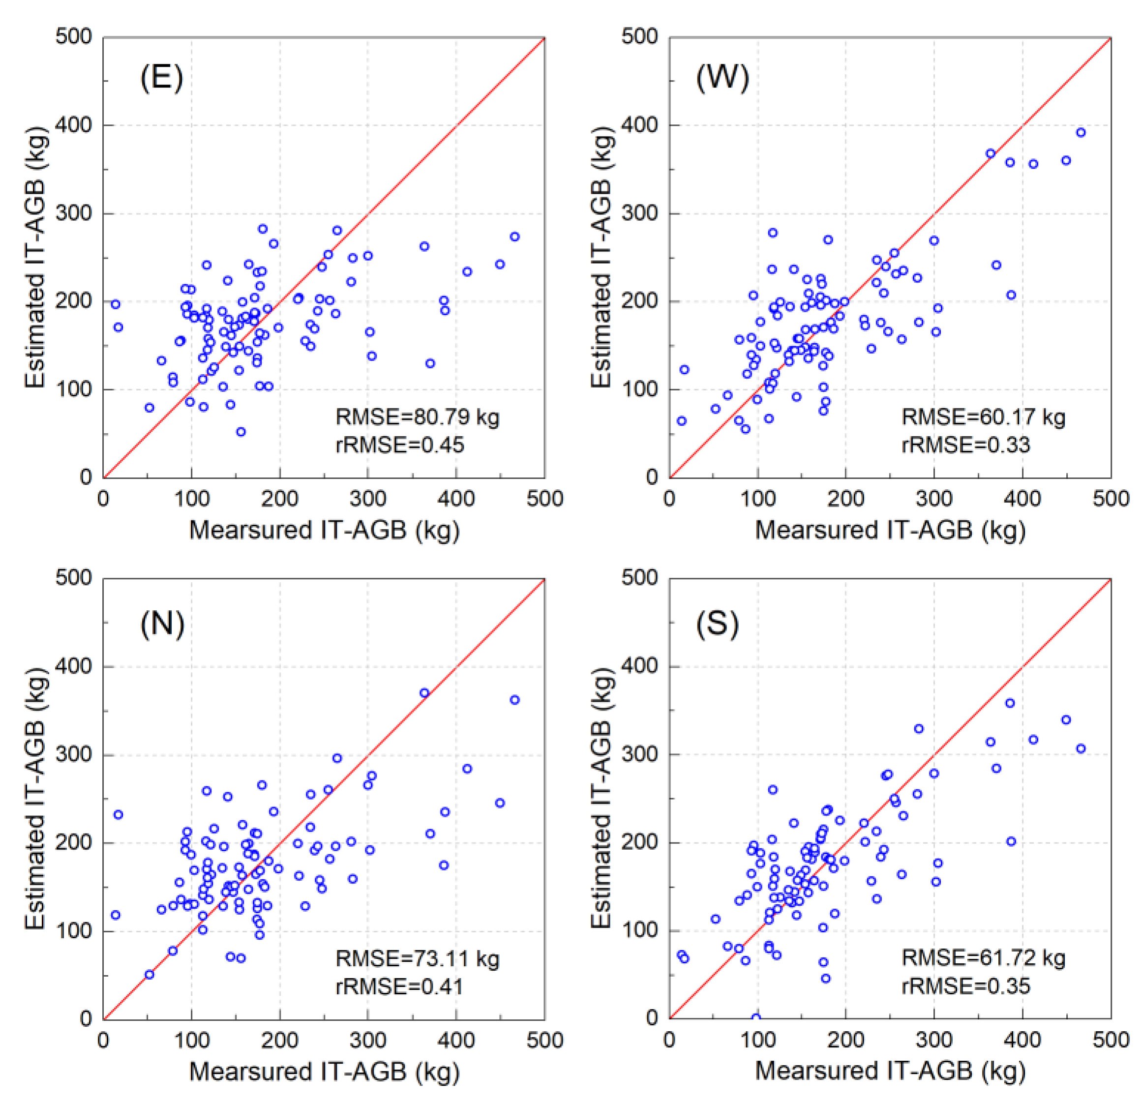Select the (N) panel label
(162, 624)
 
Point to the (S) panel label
(717, 624)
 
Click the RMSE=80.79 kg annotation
(417, 417)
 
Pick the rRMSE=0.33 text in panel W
(966, 445)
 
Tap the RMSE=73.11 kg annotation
(417, 958)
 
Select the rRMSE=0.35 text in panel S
(966, 986)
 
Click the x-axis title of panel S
(890, 1071)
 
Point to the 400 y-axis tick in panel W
(639, 125)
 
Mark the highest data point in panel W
(1081, 133)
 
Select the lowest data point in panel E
(240, 432)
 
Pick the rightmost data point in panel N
(514, 700)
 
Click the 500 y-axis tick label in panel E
(73, 37)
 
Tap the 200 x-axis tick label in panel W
(845, 499)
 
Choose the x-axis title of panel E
(324, 530)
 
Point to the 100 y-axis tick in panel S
(639, 929)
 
